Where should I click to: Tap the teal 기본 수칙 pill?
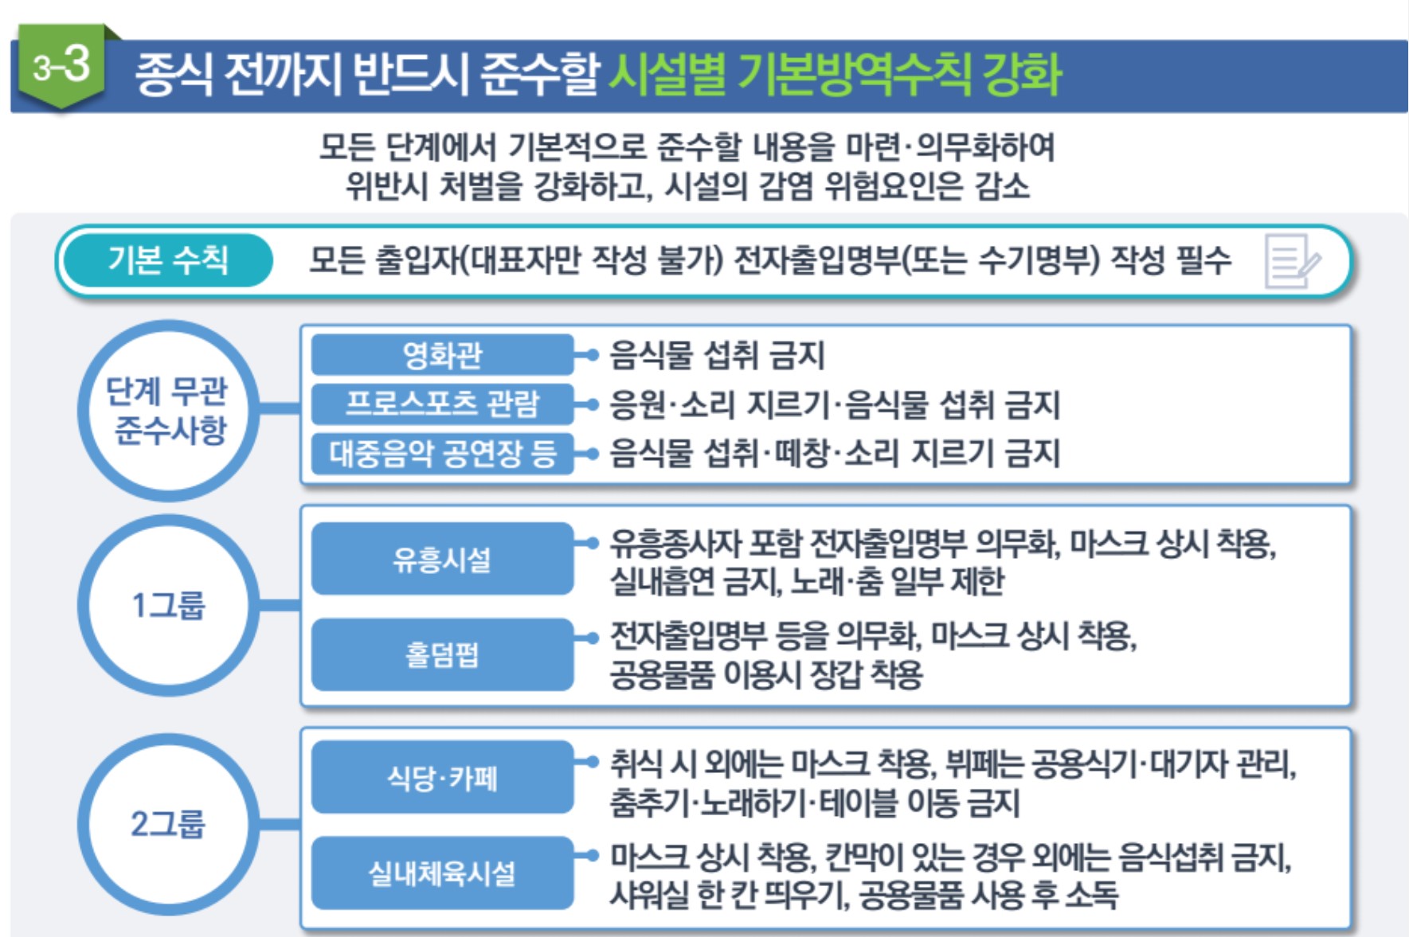[168, 260]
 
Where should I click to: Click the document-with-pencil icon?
[1291, 261]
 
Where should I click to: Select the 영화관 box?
[442, 355]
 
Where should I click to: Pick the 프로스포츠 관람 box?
[442, 404]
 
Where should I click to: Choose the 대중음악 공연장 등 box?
[442, 454]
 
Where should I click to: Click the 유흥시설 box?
[442, 559]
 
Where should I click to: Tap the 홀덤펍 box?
[442, 654]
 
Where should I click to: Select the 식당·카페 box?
[442, 778]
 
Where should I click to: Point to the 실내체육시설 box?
[442, 873]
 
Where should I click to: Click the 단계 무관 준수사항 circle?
[168, 411]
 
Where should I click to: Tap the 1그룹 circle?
[168, 606]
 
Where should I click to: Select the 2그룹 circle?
[168, 824]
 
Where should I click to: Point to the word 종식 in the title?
[173, 75]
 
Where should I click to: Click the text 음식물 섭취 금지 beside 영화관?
[717, 355]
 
